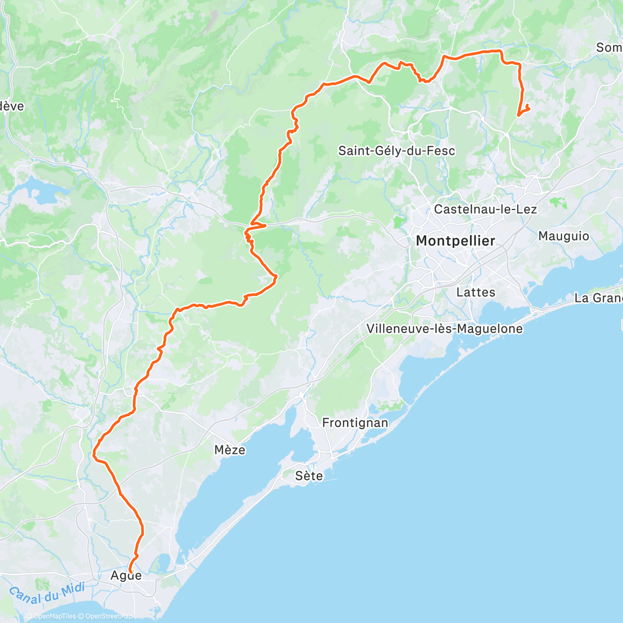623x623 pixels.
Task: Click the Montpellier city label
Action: (x=455, y=241)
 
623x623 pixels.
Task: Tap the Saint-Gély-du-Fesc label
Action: (x=397, y=151)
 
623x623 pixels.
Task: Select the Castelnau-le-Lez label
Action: (x=485, y=209)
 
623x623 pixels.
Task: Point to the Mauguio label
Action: (x=563, y=236)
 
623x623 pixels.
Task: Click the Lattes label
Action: (x=476, y=292)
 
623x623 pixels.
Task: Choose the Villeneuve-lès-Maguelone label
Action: (x=444, y=329)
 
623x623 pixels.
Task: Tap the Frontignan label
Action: (x=355, y=423)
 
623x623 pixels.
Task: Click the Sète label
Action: (x=309, y=476)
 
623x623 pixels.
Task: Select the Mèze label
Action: (x=230, y=450)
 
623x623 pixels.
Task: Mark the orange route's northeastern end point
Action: (x=527, y=106)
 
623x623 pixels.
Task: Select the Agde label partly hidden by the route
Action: (x=126, y=576)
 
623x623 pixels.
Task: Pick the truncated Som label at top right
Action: (x=609, y=48)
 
